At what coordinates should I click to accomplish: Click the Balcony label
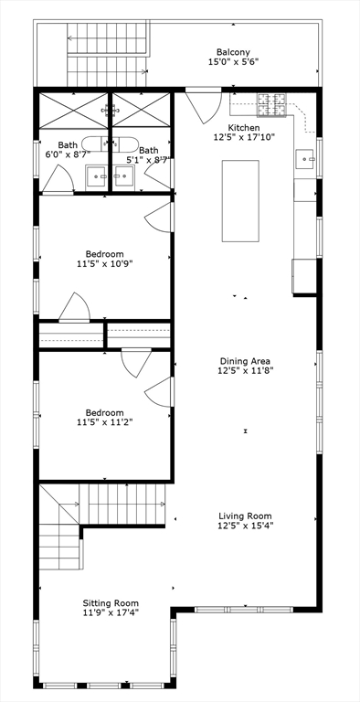pyautogui.click(x=233, y=52)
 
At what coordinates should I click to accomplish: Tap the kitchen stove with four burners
pyautogui.click(x=272, y=106)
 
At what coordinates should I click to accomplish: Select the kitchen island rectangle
pyautogui.click(x=240, y=200)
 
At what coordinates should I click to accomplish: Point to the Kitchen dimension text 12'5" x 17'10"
pyautogui.click(x=244, y=138)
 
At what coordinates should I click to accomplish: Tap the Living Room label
pyautogui.click(x=245, y=515)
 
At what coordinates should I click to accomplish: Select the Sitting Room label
pyautogui.click(x=111, y=602)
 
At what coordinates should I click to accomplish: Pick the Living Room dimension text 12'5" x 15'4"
pyautogui.click(x=245, y=526)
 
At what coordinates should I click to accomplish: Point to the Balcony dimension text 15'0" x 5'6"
pyautogui.click(x=233, y=63)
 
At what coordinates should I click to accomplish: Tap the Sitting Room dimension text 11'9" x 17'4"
pyautogui.click(x=111, y=613)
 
